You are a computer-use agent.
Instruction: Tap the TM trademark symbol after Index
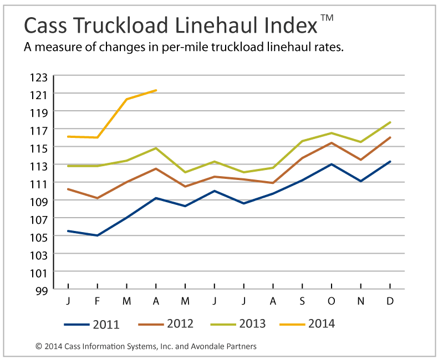[x=327, y=18]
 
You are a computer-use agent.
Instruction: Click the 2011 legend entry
[x=91, y=324]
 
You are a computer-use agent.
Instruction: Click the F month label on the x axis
[x=98, y=301]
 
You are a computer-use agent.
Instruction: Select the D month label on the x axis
[x=390, y=301]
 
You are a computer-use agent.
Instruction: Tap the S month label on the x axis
[x=302, y=301]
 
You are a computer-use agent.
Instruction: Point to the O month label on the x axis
[x=331, y=301]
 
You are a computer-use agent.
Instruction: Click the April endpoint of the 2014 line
[x=156, y=90]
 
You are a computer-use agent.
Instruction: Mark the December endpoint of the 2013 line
[x=390, y=122]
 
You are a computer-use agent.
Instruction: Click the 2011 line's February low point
[x=98, y=235]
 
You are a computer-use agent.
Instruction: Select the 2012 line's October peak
[x=332, y=143]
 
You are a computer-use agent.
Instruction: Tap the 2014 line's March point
[x=127, y=99]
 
